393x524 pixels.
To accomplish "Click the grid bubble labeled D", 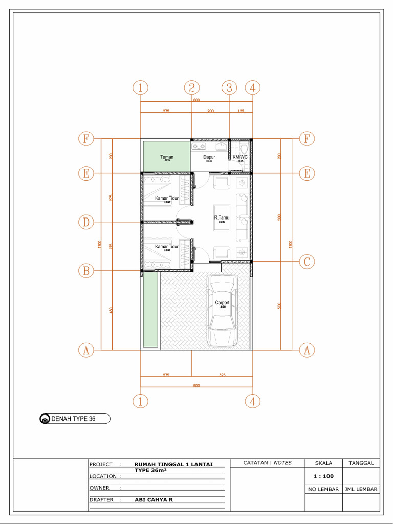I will coord(86,222).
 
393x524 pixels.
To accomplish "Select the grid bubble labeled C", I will coord(307,261).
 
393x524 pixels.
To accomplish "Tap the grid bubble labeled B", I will coord(86,271).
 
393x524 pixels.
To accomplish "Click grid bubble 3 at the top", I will coord(229,88).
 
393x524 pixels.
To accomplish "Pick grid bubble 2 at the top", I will coord(191,88).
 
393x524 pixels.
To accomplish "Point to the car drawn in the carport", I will coord(222,311).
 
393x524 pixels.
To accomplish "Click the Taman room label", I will coord(166,157).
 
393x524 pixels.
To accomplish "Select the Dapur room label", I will coord(209,157).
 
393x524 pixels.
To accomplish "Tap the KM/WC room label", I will coord(240,157).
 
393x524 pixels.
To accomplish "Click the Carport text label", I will coord(222,303).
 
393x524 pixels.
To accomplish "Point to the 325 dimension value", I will coord(222,375).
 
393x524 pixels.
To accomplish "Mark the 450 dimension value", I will coord(111,310).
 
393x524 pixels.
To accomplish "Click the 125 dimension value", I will coord(241,111).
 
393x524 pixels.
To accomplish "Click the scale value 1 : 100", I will coord(323,476).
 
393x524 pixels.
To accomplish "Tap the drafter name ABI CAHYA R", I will coord(154,500).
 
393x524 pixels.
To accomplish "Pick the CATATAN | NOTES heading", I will coord(267,463).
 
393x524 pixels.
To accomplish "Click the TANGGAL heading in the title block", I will coord(361,463).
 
